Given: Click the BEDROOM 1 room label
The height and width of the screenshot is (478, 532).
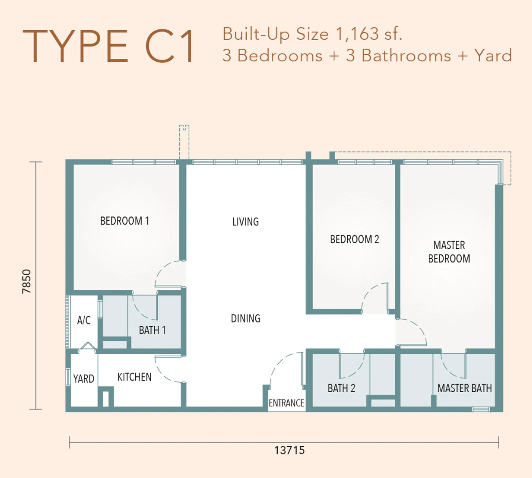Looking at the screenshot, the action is (125, 221).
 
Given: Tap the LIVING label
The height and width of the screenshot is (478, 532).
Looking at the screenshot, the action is (245, 222).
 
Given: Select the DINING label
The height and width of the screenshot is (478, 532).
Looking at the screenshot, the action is (245, 319).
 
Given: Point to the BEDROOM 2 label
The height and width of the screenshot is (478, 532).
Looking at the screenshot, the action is (355, 240).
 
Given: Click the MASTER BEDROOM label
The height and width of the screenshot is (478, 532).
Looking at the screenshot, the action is (449, 252).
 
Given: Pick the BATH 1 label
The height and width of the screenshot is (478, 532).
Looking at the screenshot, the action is (152, 330).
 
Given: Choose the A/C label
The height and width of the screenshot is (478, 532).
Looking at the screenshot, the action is (84, 320).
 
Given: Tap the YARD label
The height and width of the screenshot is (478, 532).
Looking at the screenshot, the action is (84, 379).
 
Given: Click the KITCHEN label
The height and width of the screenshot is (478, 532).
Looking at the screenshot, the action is (134, 377).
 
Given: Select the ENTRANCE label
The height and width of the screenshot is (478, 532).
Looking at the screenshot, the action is (286, 403).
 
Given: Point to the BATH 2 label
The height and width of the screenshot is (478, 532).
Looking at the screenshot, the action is (341, 388).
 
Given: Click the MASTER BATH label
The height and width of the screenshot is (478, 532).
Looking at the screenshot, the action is (464, 388).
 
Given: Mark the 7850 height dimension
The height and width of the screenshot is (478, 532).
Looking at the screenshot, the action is (27, 281).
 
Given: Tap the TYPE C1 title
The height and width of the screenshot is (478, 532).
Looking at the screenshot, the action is (108, 46).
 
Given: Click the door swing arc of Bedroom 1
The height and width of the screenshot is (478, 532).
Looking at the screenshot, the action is (161, 268).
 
